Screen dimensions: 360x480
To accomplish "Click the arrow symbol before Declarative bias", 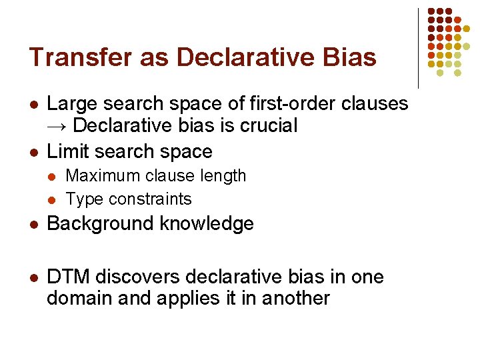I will click(x=57, y=125).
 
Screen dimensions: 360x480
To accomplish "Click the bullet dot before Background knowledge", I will click(x=33, y=225).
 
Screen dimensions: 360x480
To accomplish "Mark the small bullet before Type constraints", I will click(x=54, y=199).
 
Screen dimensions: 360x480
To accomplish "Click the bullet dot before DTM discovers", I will click(x=33, y=277).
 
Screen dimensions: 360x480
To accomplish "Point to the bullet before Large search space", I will click(x=33, y=105).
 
